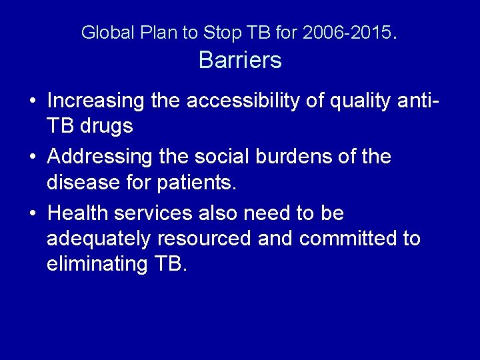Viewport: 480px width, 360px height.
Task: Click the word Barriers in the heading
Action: [x=240, y=61]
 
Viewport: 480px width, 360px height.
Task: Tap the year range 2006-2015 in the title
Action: [x=349, y=32]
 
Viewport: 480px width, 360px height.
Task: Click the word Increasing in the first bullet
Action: [x=96, y=101]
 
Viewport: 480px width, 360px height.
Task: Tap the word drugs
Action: [x=107, y=125]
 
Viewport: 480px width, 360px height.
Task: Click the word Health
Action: [x=79, y=213]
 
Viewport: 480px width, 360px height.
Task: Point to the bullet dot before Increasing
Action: [x=32, y=101]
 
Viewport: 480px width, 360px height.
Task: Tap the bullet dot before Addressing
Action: [x=32, y=158]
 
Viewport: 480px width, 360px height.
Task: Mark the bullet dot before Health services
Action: [x=32, y=214]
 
